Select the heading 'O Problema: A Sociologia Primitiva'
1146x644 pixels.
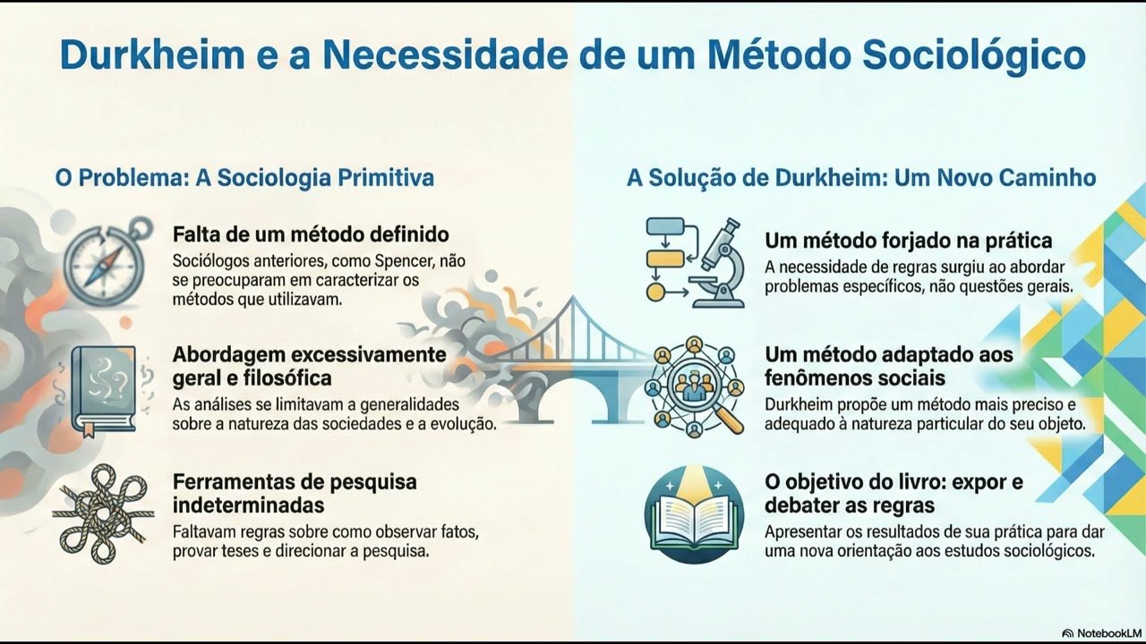click(x=244, y=177)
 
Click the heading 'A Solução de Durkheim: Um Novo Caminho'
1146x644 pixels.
click(x=861, y=177)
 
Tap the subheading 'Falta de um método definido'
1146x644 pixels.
click(x=311, y=235)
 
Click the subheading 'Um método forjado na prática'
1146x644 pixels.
click(x=908, y=241)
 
